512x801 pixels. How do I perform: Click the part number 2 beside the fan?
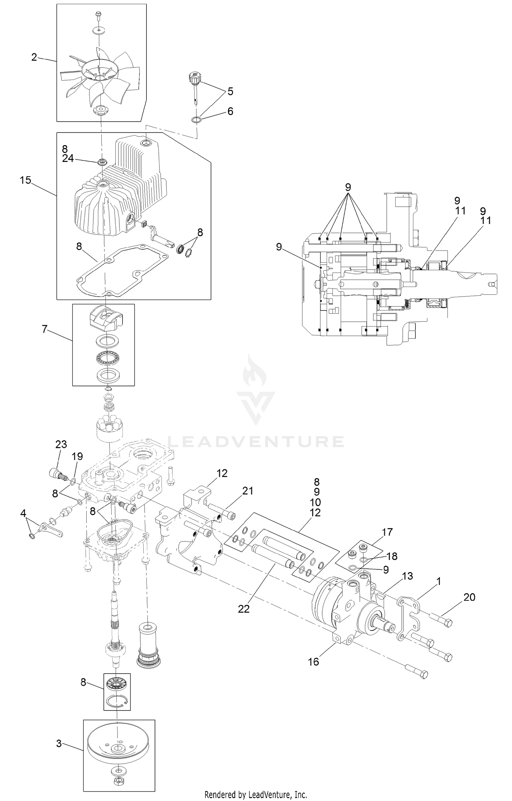34,57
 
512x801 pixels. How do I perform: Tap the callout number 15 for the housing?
26,180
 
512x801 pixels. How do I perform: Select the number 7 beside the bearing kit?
44,329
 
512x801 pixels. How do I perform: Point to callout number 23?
61,444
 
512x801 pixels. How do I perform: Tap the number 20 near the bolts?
469,597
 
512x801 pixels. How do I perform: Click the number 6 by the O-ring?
230,111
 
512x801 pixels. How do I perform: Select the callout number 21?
247,491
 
